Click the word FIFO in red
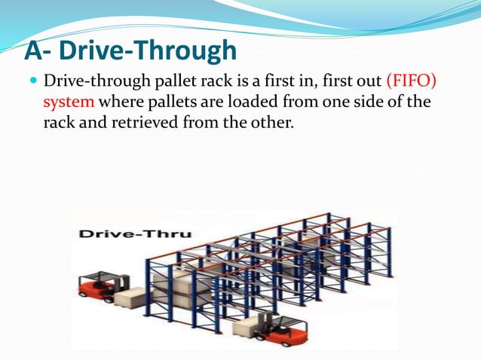412,81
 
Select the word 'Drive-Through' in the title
148,50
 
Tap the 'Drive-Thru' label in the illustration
136,234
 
